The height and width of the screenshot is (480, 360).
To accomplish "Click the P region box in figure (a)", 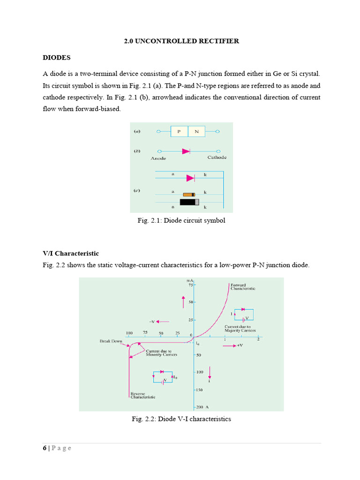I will click(x=179, y=132).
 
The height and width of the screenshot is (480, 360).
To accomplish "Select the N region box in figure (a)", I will click(x=196, y=132).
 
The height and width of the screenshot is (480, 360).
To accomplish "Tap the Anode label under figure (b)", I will click(x=158, y=158).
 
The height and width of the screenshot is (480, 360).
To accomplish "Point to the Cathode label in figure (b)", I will click(x=217, y=157).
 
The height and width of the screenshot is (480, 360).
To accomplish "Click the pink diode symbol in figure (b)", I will click(x=186, y=151).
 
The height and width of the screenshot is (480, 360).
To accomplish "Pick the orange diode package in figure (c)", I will click(x=189, y=194).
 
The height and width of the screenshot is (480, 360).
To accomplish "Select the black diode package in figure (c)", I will click(x=189, y=202).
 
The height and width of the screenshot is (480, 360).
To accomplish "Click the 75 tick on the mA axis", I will click(x=191, y=285).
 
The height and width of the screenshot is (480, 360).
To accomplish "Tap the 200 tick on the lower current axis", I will click(x=200, y=407).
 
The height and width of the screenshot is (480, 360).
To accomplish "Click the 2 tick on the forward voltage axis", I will click(x=258, y=340).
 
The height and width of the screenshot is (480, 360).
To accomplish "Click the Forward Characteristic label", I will click(x=242, y=287).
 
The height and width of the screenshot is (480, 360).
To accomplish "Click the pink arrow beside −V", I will click(x=164, y=322).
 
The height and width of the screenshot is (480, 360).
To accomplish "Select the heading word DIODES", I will click(x=57, y=58).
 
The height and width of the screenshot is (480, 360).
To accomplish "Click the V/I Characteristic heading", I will click(x=71, y=254).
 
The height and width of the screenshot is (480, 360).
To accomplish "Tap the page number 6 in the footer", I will click(x=45, y=448).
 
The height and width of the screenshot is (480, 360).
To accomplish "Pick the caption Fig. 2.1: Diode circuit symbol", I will click(x=181, y=220).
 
